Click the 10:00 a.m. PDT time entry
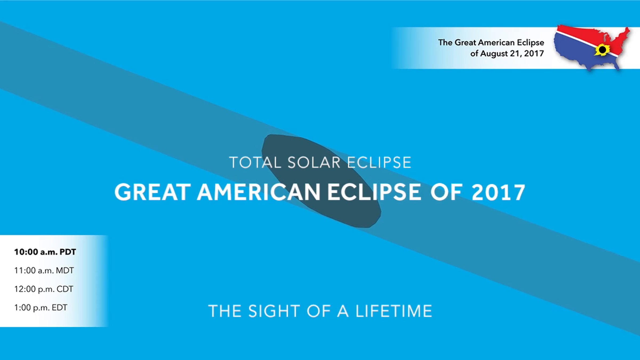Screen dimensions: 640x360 pos(45,252)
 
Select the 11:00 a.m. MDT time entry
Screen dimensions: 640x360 pos(44,271)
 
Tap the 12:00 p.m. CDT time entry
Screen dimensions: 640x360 pos(44,289)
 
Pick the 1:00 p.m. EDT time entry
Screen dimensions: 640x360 pos(41,308)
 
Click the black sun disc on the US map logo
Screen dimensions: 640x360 pos(602,50)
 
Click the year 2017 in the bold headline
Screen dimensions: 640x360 pos(498,192)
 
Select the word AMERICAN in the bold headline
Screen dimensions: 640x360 pos(259,192)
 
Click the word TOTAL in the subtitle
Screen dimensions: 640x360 pos(255,162)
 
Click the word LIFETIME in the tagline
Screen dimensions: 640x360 pos(394,311)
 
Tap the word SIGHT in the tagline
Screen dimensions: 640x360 pos(274,311)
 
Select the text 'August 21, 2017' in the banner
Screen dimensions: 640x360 pos(512,54)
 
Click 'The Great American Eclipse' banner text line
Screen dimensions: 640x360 pos(491,42)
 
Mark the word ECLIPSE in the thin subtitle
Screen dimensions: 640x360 pos(379,162)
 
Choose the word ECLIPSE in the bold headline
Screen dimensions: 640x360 pos(374,192)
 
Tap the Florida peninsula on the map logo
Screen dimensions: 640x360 pos(616,65)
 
